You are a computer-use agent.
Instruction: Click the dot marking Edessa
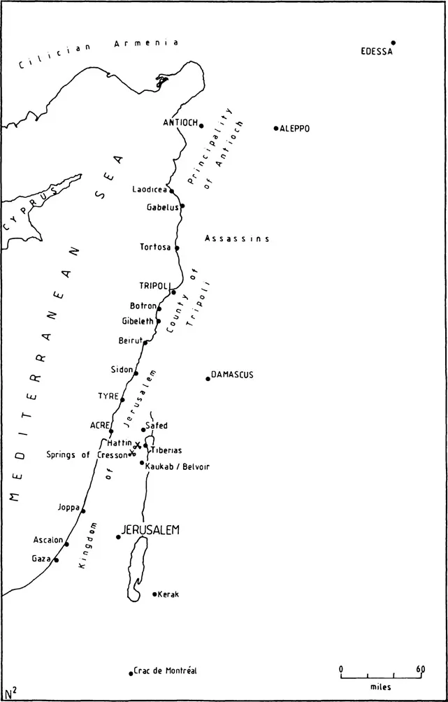(393, 43)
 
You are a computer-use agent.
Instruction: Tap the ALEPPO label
(295, 129)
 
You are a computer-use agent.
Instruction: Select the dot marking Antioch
(201, 126)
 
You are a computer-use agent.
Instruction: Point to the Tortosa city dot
(177, 248)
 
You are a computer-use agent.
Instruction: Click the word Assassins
(237, 238)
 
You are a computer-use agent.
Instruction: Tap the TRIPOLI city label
(154, 286)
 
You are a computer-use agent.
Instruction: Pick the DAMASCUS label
(233, 375)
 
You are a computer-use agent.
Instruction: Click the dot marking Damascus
(208, 379)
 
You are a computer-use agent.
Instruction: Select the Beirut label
(131, 340)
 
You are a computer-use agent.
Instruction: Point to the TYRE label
(108, 396)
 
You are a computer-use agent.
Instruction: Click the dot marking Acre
(111, 431)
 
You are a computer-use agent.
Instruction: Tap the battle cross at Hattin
(138, 445)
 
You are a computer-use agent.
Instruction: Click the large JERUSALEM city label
(151, 531)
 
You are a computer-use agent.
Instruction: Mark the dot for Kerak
(154, 594)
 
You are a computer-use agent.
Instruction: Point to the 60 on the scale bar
(420, 669)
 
